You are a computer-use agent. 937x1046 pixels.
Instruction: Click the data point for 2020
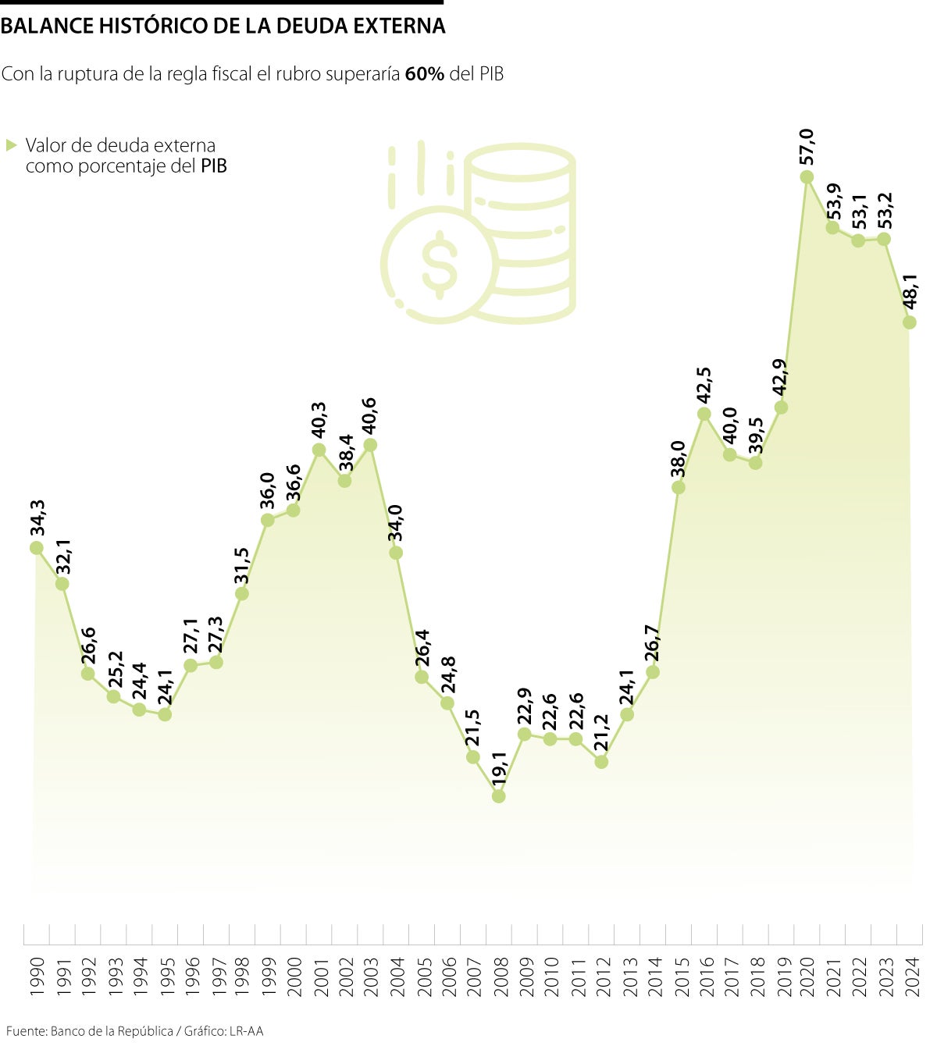tap(807, 177)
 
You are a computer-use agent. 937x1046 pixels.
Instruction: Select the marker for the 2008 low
tap(499, 796)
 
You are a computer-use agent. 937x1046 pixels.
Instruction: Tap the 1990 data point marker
tap(36, 548)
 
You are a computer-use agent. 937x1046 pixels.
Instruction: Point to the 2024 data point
tap(909, 322)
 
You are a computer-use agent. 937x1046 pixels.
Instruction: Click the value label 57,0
tap(807, 147)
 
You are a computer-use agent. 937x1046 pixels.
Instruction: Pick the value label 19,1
tap(499, 767)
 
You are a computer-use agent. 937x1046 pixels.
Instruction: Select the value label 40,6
tap(369, 414)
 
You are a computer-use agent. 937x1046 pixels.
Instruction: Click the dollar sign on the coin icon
tap(439, 264)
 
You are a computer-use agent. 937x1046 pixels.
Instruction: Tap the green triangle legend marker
tap(11, 145)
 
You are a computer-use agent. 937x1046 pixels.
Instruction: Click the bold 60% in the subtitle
tap(425, 74)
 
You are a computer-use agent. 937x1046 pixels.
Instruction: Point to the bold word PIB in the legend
tap(213, 166)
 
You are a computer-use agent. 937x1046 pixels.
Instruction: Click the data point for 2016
tap(704, 414)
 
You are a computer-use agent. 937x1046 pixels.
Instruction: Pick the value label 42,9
tap(780, 378)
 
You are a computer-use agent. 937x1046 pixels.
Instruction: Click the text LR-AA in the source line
tap(246, 1031)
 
